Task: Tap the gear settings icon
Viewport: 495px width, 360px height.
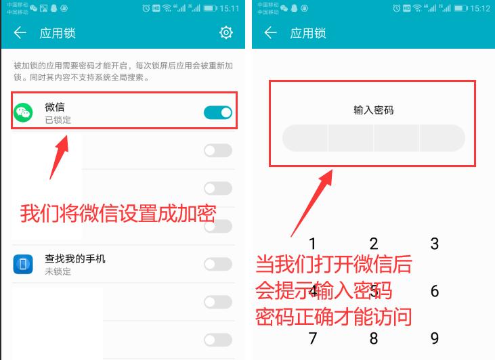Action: [226, 32]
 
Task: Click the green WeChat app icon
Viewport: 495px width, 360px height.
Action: [24, 113]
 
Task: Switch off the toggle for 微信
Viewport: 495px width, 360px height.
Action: [218, 112]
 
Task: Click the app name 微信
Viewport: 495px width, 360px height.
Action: [55, 107]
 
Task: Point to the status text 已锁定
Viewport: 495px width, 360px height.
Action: [58, 120]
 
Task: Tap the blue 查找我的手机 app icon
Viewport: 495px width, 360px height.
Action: [24, 264]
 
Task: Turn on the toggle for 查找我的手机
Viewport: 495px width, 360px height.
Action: [218, 264]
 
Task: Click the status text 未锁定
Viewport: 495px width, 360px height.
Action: [58, 271]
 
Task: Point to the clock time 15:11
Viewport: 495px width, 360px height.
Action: [230, 8]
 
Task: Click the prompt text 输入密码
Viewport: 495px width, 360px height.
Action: [373, 110]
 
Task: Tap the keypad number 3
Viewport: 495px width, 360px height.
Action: [435, 244]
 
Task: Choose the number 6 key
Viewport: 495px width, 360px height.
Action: [435, 291]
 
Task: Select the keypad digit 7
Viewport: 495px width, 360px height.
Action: [312, 338]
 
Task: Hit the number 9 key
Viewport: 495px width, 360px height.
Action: [435, 338]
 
